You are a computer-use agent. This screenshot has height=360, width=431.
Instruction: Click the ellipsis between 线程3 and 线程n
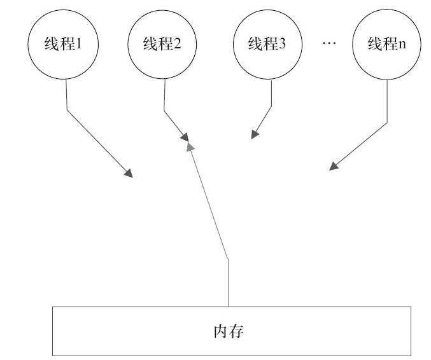coord(329,44)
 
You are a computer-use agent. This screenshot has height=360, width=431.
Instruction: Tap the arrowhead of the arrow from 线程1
coord(129,174)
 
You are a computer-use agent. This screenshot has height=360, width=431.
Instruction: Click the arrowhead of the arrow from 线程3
coord(254,134)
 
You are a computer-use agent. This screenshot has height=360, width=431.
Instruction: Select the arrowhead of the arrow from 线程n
coord(332,167)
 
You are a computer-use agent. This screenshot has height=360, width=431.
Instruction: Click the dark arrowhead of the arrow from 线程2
coord(185,137)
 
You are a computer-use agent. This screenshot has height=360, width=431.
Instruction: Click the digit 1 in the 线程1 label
coord(80,45)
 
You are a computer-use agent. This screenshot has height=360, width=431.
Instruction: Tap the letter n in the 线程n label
coord(402,45)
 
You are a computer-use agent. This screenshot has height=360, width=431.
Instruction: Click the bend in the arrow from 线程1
coord(67,109)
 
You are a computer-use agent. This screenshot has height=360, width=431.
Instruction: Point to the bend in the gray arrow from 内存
coord(227,258)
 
